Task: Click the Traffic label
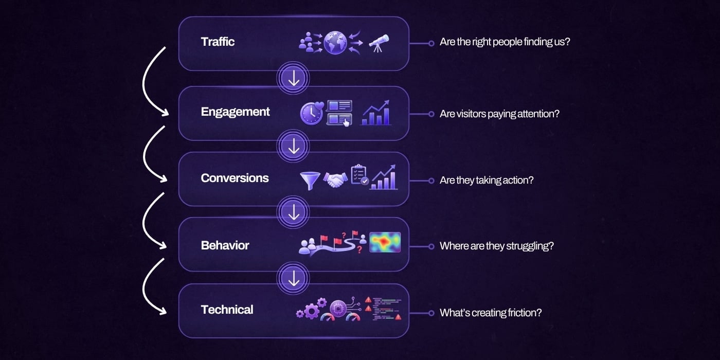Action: pyautogui.click(x=218, y=42)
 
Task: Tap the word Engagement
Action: pyautogui.click(x=236, y=112)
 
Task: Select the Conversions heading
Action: pyautogui.click(x=235, y=178)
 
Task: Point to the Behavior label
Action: pyautogui.click(x=225, y=246)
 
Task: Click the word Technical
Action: pyautogui.click(x=227, y=310)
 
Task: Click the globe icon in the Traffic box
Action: pyautogui.click(x=335, y=42)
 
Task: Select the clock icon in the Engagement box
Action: pyautogui.click(x=312, y=113)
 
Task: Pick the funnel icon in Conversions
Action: pyautogui.click(x=310, y=181)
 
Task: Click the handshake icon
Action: pyautogui.click(x=335, y=180)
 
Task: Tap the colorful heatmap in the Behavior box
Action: pyautogui.click(x=385, y=242)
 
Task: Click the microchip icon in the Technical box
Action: pyautogui.click(x=338, y=309)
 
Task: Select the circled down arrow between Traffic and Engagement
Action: pyautogui.click(x=293, y=78)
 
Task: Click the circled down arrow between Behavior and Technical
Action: pyautogui.click(x=293, y=278)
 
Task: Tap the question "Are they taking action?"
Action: pyautogui.click(x=487, y=181)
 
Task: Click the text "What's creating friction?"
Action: pyautogui.click(x=491, y=313)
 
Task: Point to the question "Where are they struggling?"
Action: pyautogui.click(x=497, y=246)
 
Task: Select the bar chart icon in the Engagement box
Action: pyautogui.click(x=375, y=113)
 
